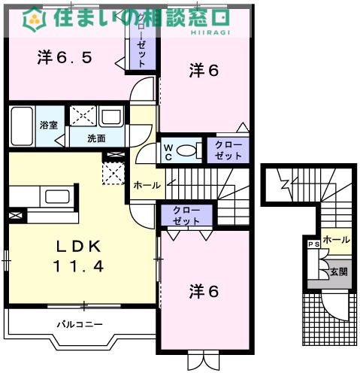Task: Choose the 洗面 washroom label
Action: (95, 138)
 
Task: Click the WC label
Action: (169, 150)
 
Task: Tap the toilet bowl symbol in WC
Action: (189, 150)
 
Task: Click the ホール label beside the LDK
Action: (146, 184)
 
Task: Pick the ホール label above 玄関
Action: (335, 240)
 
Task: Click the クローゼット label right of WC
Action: (228, 149)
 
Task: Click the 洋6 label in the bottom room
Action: (204, 291)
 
